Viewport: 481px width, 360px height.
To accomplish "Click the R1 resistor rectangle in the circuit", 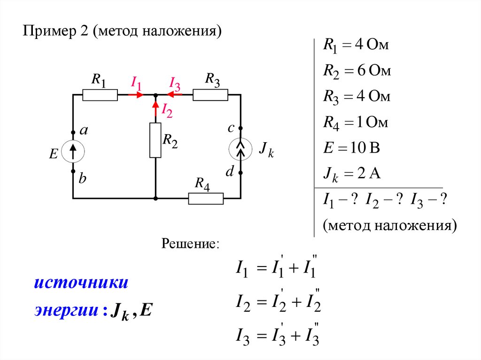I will pyautogui.click(x=100, y=95).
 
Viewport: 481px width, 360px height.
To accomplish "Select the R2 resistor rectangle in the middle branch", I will pyautogui.click(x=155, y=140).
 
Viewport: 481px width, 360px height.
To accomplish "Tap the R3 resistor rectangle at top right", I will pyautogui.click(x=210, y=95).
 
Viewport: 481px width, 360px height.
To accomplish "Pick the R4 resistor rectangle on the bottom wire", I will pyautogui.click(x=206, y=199).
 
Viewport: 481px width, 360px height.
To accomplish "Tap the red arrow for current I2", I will pyautogui.click(x=155, y=109).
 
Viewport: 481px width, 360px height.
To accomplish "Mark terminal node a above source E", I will pyautogui.click(x=73, y=132).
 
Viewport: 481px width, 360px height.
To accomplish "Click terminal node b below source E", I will pyautogui.click(x=73, y=172).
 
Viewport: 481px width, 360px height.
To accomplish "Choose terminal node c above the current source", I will pyautogui.click(x=240, y=128).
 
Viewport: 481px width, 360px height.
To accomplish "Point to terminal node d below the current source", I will pyautogui.click(x=240, y=173).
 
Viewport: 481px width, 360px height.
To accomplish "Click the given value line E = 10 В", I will pyautogui.click(x=351, y=148).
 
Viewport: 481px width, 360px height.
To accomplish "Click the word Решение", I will pyautogui.click(x=190, y=244).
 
